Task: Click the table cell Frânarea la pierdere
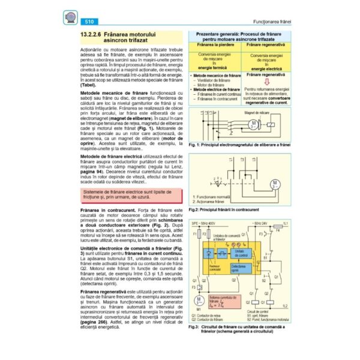214,46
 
